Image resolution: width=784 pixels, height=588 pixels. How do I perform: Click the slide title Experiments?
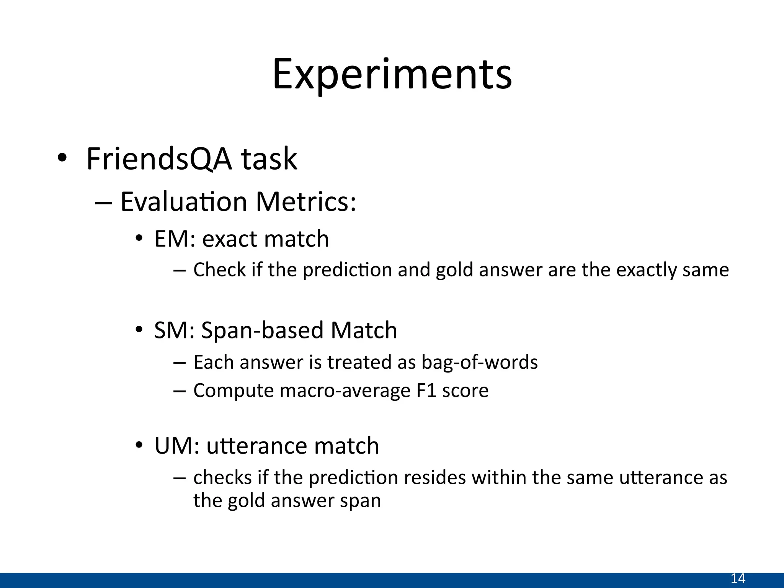pos(392,75)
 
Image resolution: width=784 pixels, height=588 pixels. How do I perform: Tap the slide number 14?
pos(738,578)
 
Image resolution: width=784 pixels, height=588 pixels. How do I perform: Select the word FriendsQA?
pos(159,159)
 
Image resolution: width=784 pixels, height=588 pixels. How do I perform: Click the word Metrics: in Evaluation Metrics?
pos(306,202)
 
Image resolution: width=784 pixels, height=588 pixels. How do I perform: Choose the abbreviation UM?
pos(177,446)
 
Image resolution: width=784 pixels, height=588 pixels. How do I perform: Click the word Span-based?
pos(261,330)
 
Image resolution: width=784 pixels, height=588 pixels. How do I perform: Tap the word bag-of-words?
pos(479,363)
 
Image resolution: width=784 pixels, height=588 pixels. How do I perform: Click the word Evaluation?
pos(183,202)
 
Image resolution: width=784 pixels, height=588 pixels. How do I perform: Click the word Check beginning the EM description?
pos(219,270)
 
